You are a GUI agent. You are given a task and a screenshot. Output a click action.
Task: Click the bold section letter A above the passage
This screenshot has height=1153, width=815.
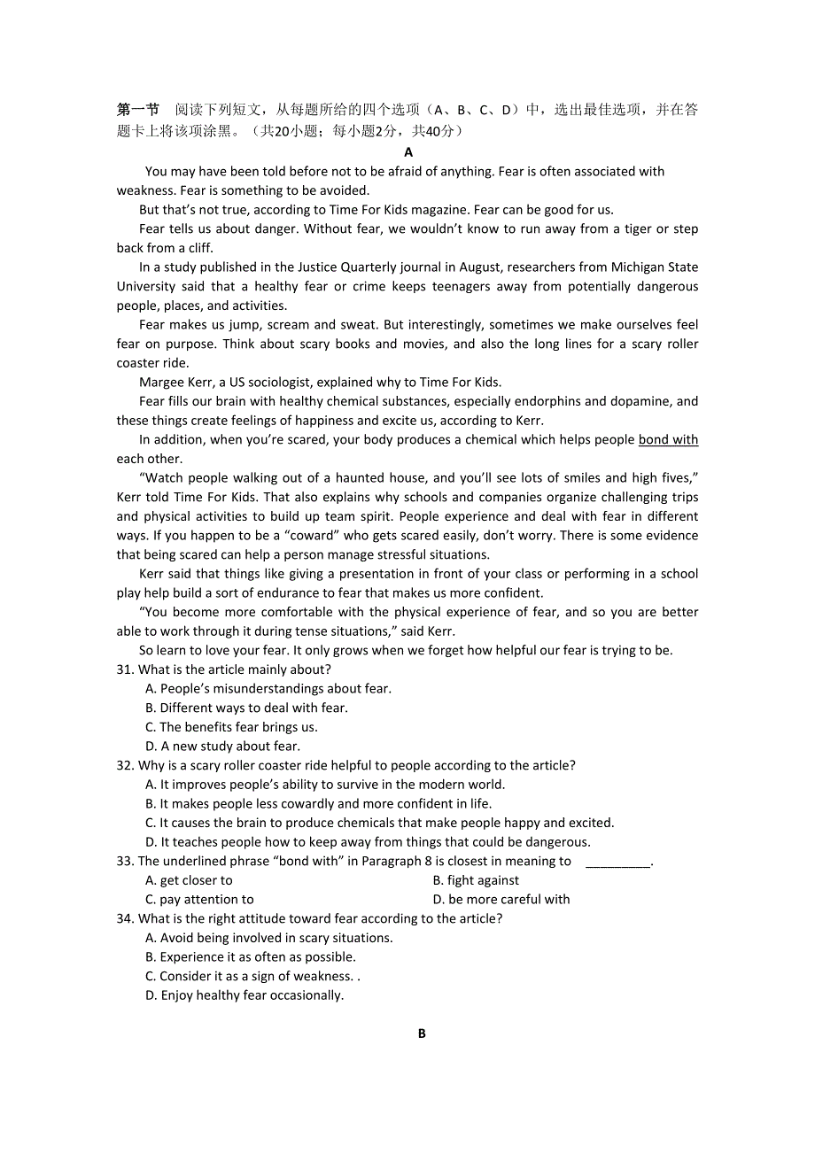point(408,152)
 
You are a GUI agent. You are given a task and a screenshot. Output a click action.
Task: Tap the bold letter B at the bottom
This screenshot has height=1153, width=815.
point(422,1033)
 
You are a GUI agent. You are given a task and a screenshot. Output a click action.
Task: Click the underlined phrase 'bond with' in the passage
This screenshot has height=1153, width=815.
point(668,440)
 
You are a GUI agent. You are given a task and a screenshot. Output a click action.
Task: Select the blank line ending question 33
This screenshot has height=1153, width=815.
point(617,862)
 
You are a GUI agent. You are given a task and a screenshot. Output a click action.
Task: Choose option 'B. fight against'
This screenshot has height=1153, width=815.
point(476,880)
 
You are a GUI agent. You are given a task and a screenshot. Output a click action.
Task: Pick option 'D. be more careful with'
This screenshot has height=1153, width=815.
point(501,900)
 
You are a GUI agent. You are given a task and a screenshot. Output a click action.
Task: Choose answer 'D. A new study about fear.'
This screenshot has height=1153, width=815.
point(222,747)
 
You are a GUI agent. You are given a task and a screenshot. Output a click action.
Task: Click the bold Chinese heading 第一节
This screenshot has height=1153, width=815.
point(138,110)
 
